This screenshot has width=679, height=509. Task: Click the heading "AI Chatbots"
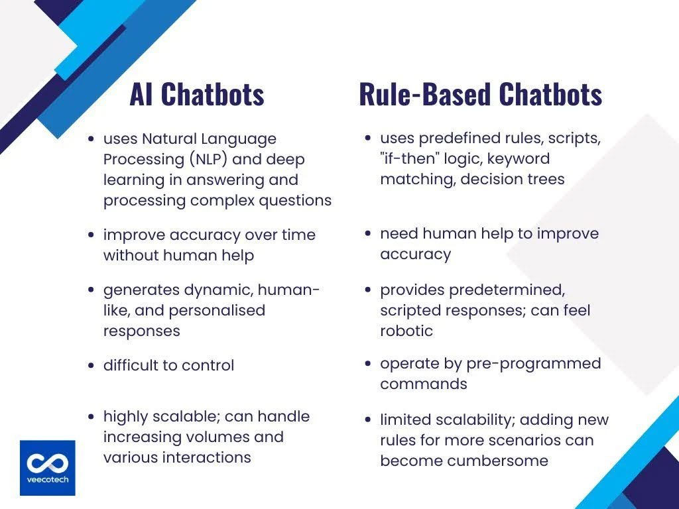(x=196, y=95)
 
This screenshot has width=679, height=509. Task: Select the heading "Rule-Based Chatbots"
(x=480, y=95)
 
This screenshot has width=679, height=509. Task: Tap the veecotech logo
(x=47, y=467)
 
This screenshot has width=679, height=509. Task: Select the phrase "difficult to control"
(x=168, y=365)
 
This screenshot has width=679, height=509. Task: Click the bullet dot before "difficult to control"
(x=91, y=366)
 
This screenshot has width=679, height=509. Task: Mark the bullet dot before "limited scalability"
(x=367, y=420)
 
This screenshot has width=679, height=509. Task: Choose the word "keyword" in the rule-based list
(x=517, y=159)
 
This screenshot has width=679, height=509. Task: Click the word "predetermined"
(x=509, y=290)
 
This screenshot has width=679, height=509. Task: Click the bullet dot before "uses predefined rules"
(x=367, y=139)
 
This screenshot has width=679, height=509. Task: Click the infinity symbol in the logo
(x=47, y=462)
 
